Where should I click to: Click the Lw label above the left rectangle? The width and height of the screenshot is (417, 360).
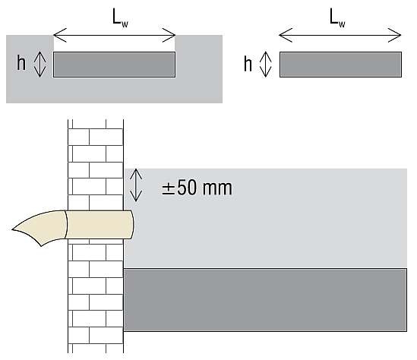point(120,17)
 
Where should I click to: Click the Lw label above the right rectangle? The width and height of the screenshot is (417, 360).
point(337,17)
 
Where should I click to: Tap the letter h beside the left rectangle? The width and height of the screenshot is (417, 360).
point(21,63)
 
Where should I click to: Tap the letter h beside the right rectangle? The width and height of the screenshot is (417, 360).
point(248,64)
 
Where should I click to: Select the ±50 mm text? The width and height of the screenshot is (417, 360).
point(197,188)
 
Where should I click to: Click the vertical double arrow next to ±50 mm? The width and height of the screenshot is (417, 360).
point(136,185)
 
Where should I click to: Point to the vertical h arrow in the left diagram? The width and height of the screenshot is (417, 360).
point(40,65)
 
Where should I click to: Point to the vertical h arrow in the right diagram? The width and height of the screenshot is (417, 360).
point(265,65)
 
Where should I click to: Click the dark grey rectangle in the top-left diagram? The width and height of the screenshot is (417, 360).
point(115,65)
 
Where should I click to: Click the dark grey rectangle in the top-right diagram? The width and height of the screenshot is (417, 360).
point(340,65)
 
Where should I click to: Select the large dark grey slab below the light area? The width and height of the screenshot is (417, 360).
point(265,300)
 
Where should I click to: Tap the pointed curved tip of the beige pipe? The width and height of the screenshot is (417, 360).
point(12,229)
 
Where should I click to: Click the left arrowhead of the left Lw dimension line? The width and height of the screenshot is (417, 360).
point(60,35)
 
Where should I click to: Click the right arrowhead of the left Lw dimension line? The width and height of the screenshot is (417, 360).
point(169,35)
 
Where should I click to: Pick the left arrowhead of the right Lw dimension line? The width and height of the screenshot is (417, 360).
point(286,35)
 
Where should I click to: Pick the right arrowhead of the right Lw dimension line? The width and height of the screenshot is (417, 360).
point(394,35)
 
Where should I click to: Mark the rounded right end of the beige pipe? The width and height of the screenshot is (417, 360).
point(133,225)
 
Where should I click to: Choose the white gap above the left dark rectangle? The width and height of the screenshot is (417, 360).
point(115,43)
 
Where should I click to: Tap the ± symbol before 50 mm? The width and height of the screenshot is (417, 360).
point(168,189)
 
